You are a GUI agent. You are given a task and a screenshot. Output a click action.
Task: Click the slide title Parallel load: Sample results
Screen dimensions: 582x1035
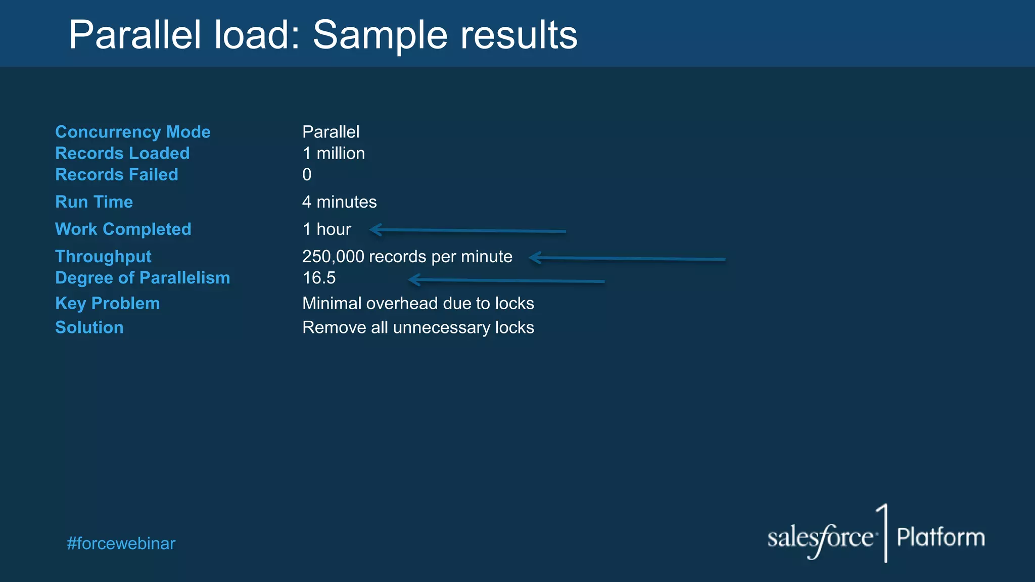coord(322,35)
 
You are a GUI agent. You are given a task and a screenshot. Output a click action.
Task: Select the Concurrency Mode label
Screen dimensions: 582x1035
coord(132,132)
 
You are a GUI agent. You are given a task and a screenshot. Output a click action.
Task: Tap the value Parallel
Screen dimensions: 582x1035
coord(331,132)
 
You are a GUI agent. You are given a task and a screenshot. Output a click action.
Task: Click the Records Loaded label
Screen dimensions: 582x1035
coord(122,153)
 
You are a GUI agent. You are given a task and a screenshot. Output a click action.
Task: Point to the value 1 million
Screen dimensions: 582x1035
coord(334,153)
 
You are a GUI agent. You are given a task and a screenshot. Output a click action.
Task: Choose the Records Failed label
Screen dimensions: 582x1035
coord(117,174)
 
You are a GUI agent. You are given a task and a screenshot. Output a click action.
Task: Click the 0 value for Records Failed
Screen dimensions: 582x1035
coord(307,175)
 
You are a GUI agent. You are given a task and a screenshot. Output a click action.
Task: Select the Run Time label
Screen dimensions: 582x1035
coord(94,202)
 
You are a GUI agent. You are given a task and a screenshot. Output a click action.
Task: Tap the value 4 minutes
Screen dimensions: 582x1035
coord(339,202)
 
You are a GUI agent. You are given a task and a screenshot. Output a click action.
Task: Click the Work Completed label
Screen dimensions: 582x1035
coord(123,229)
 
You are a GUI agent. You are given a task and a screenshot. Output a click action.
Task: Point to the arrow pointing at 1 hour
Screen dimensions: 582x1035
coord(467,231)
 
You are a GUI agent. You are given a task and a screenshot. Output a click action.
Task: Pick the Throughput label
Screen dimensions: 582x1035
coord(103,256)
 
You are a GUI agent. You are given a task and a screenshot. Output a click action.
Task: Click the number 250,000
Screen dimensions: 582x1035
coord(333,257)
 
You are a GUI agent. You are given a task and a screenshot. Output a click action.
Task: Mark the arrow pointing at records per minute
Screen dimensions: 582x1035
coord(627,258)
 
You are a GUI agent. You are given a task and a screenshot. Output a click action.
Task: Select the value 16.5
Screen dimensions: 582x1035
coord(319,278)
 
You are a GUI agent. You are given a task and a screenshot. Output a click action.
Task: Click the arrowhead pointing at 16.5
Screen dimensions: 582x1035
coord(413,279)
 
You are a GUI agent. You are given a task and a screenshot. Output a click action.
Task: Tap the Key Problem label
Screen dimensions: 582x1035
coord(107,303)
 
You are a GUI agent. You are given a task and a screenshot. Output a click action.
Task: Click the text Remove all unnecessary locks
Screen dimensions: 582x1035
coord(418,327)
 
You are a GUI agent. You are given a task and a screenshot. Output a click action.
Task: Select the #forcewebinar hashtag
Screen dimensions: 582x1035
coord(121,544)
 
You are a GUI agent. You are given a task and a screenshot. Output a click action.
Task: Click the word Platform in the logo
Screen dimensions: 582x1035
coord(940,537)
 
